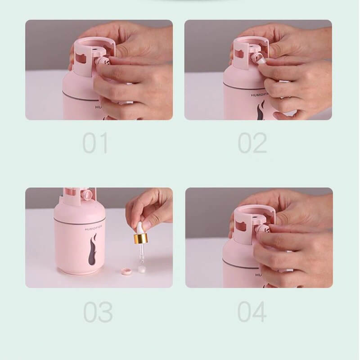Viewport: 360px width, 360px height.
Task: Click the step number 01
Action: [x=95, y=143]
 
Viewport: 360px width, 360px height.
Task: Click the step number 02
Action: [x=252, y=143]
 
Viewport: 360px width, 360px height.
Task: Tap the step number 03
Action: [x=98, y=312]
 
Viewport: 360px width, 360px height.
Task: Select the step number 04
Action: [x=252, y=312]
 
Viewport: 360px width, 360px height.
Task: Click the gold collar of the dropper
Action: [x=141, y=238]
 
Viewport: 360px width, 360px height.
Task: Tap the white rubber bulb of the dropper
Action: [x=140, y=228]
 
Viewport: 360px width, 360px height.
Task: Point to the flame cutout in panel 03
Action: [x=92, y=250]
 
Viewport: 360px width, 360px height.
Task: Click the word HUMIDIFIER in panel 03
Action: [x=93, y=229]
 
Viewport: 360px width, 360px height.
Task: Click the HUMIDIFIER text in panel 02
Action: [x=259, y=95]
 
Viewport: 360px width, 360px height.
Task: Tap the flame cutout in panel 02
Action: [x=261, y=111]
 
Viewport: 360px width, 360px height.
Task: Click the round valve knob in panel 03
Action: [x=87, y=195]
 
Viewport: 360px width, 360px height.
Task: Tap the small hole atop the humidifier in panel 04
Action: [x=254, y=216]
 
